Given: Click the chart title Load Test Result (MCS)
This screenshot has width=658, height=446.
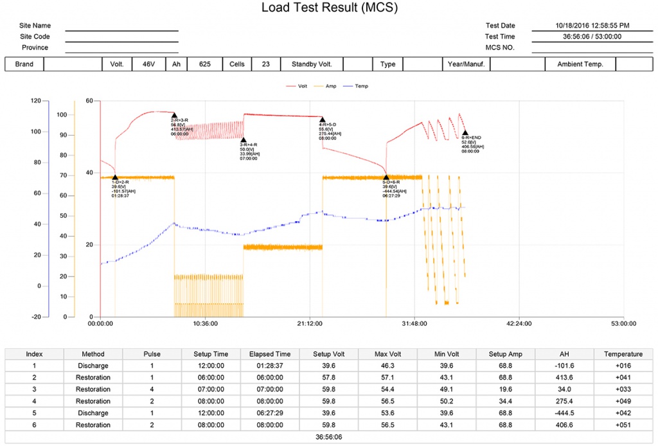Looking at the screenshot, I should click(329, 8).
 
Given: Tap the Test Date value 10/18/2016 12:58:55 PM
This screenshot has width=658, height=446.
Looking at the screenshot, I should click(592, 26).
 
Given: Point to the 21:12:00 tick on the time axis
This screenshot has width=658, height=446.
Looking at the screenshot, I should click(310, 324).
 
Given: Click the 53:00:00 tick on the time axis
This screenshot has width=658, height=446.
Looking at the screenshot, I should click(624, 324).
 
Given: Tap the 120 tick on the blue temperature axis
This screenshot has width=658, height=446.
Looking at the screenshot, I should click(35, 101).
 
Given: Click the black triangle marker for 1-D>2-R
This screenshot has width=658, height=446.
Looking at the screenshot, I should click(115, 177).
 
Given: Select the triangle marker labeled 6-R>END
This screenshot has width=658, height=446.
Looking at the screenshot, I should click(465, 133).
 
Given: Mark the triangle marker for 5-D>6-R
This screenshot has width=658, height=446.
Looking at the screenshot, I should click(386, 177).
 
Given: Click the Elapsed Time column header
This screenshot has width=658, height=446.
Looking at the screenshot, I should click(270, 354).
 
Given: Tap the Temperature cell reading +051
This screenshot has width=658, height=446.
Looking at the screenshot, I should click(623, 425).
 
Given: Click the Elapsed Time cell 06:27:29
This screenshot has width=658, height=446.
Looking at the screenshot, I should click(270, 413).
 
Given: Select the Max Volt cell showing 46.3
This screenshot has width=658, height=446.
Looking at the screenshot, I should click(388, 366).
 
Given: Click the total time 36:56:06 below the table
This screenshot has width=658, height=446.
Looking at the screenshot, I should click(328, 437).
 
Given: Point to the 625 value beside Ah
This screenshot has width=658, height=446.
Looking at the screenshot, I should click(205, 64).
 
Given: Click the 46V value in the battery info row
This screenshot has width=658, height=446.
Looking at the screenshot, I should click(148, 64).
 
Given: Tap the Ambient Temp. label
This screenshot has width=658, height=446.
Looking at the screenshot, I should click(580, 64).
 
